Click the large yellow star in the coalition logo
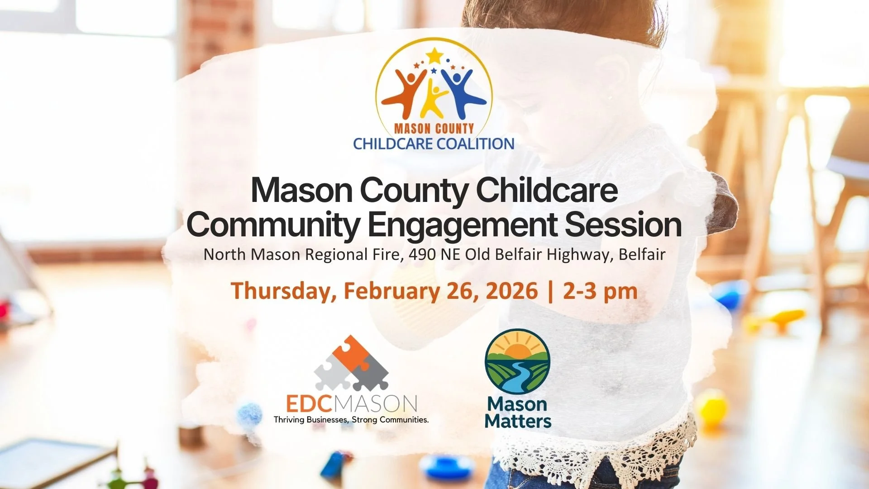pos(434,56)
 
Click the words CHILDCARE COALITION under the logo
pos(434,144)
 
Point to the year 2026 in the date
pos(511,291)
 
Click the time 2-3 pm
pos(600,291)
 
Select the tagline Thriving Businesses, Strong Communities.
pos(351,420)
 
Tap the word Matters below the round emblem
pos(518,421)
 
